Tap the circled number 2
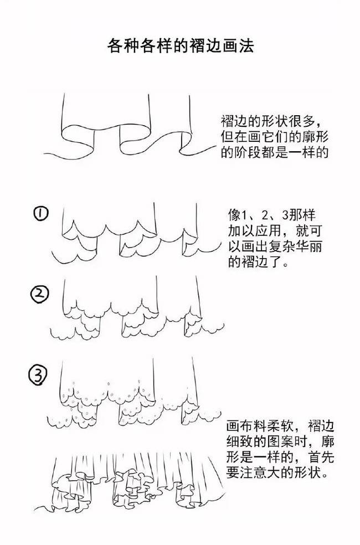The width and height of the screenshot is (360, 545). [x=40, y=294]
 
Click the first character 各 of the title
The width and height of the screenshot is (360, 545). [x=115, y=46]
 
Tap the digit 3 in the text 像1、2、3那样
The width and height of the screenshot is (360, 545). [x=285, y=215]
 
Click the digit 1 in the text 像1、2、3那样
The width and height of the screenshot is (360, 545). [x=245, y=215]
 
